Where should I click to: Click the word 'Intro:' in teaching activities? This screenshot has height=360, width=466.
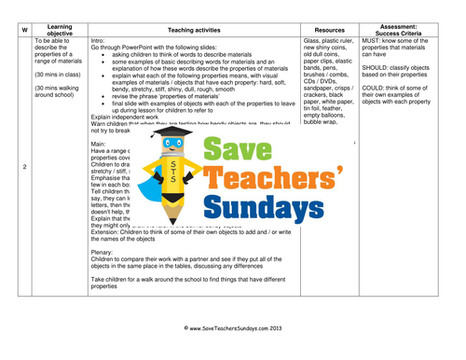point(100,42)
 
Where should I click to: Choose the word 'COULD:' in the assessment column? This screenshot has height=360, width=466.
point(377,96)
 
